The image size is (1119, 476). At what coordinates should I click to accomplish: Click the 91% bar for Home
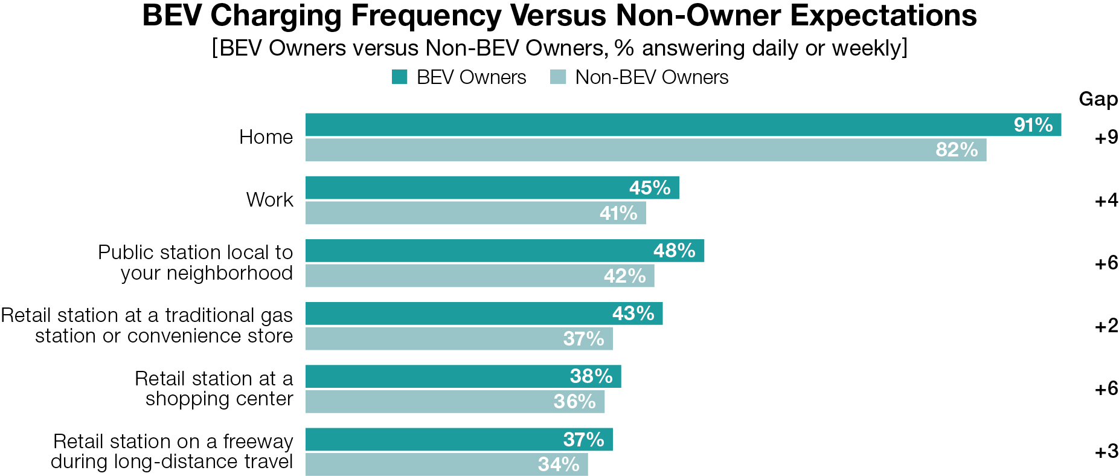click(682, 124)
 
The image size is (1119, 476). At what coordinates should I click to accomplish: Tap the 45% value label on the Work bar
click(649, 188)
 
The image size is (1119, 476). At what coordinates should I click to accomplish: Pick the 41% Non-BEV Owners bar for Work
click(475, 213)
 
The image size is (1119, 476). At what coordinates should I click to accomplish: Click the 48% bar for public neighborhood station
click(504, 251)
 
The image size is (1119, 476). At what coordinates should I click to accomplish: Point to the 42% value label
click(624, 276)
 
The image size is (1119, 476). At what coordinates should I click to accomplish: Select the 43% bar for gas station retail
click(483, 314)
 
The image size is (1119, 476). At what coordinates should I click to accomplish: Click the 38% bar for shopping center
click(463, 376)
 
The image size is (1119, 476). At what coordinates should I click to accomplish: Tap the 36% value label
click(574, 402)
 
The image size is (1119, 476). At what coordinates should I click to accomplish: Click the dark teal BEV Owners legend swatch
click(399, 77)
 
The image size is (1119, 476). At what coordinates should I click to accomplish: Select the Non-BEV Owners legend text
click(651, 77)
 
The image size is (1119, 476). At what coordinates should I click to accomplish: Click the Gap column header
click(1098, 99)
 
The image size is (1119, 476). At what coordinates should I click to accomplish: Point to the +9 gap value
click(1106, 138)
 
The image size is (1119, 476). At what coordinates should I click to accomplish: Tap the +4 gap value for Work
click(1106, 201)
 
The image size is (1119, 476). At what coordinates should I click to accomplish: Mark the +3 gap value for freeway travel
click(1106, 452)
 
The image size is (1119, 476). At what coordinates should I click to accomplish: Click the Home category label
click(266, 137)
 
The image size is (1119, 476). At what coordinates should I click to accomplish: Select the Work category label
click(269, 200)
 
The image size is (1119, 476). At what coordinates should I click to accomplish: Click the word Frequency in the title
click(426, 16)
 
